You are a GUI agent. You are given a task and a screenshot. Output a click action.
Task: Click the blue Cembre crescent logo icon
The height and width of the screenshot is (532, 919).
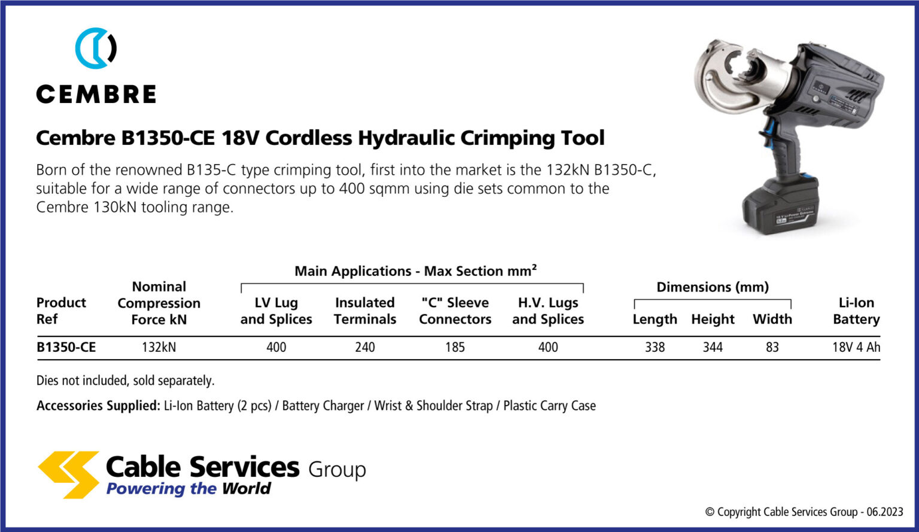[95, 48]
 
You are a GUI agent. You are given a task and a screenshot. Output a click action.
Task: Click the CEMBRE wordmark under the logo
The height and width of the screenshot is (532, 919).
[96, 95]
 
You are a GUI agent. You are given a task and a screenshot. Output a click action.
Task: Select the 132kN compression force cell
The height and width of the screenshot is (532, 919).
[159, 347]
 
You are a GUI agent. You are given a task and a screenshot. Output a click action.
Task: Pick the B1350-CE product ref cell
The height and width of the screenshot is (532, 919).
[66, 347]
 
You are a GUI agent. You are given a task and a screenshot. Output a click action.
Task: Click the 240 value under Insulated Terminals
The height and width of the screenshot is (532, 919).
[365, 347]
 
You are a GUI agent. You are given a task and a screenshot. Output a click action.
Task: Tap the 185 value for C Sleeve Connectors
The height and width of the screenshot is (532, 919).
[455, 347]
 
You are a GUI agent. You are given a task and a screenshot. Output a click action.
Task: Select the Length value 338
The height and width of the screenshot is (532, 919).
[655, 347]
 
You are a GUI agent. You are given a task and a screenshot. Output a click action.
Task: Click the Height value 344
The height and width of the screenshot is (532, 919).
[713, 347]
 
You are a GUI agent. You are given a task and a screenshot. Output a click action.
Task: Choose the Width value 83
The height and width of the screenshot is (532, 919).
[772, 347]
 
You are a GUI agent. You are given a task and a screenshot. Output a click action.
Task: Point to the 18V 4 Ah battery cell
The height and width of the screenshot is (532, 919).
[856, 347]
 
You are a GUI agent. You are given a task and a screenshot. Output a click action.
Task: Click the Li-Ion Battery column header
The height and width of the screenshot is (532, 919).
[856, 311]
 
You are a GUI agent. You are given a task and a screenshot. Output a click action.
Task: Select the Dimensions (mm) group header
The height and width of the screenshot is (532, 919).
[713, 287]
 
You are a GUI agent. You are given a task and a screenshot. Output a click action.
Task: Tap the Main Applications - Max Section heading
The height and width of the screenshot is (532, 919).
[415, 271]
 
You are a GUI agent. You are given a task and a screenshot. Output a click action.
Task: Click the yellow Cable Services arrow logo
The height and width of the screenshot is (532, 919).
[68, 474]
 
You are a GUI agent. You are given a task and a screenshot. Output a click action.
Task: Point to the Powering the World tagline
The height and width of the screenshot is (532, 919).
[188, 489]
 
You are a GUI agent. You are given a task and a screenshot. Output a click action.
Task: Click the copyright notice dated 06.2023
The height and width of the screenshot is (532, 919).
[804, 512]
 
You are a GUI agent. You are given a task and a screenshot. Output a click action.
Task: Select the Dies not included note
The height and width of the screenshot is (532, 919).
[125, 381]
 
